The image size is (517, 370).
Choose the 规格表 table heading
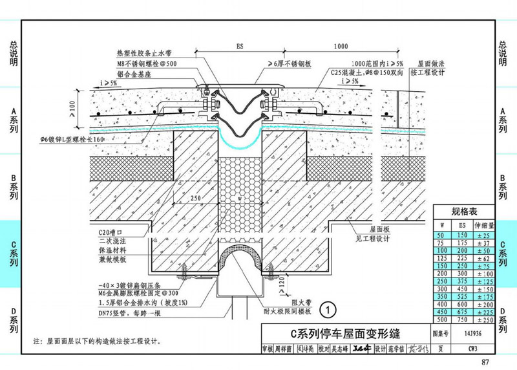pos(463,212)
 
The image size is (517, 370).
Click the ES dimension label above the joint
pos(239,47)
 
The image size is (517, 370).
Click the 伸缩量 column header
pos(484,226)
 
